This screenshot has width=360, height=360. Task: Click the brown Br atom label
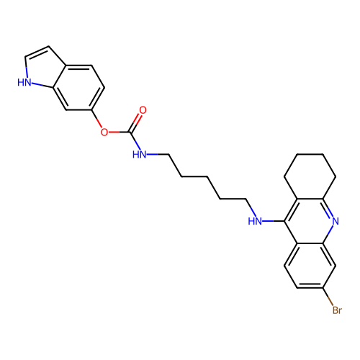(x=337, y=310)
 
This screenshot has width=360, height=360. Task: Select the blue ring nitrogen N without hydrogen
(x=336, y=221)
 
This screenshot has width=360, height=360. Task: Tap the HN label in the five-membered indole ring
(x=24, y=82)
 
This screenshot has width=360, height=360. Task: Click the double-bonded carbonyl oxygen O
(x=143, y=110)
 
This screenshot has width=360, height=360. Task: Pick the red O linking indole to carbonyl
(x=104, y=132)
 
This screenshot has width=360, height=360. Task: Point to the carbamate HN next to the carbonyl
(x=139, y=154)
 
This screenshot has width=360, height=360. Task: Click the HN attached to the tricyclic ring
(x=255, y=221)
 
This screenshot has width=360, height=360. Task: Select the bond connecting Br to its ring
(x=328, y=297)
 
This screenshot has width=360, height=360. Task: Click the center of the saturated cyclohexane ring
(x=310, y=176)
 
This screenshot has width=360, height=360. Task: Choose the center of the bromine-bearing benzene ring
(x=310, y=266)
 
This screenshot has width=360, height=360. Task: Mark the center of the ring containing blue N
(x=310, y=221)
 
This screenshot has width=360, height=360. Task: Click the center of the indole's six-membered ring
(x=78, y=87)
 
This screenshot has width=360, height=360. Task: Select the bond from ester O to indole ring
(x=96, y=119)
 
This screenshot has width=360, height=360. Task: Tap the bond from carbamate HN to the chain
(x=158, y=154)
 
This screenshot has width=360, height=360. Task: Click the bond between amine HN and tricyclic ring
(x=274, y=221)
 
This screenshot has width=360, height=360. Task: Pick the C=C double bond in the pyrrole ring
(x=37, y=52)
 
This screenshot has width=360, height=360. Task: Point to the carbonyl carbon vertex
(x=130, y=132)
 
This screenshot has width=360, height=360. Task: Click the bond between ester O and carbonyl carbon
(x=119, y=132)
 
